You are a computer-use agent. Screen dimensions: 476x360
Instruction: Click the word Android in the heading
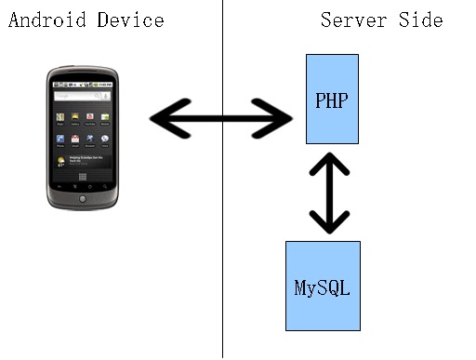(x=47, y=20)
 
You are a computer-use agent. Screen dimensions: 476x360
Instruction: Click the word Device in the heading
(x=130, y=20)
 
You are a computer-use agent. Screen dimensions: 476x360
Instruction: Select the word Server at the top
(x=353, y=20)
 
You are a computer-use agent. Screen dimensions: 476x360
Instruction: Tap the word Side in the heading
(x=420, y=20)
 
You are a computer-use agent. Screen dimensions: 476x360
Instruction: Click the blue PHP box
(x=332, y=99)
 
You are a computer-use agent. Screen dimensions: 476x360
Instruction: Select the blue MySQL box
(x=323, y=286)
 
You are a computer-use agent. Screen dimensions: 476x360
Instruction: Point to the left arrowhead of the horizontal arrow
(x=170, y=118)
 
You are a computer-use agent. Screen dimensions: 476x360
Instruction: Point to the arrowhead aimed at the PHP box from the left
(x=272, y=118)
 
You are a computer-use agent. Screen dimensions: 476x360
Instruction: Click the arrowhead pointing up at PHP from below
(x=329, y=164)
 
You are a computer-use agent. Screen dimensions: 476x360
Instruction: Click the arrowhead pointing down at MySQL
(x=329, y=222)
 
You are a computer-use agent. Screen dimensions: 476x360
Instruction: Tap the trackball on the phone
(x=83, y=199)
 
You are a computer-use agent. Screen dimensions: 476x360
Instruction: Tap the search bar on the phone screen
(x=83, y=96)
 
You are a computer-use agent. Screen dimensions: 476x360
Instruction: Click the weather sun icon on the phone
(x=60, y=161)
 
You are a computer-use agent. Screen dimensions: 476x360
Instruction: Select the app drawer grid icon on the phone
(x=83, y=177)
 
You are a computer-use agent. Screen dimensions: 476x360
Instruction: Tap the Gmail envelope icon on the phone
(x=75, y=139)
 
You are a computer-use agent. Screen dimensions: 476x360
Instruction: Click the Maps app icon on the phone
(x=60, y=117)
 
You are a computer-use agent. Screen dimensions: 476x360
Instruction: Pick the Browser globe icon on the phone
(x=90, y=139)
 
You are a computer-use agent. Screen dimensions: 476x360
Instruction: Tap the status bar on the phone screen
(x=83, y=85)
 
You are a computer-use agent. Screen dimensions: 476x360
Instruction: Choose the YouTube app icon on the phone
(x=90, y=116)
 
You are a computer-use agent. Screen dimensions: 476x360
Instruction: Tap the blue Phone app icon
(x=60, y=139)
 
